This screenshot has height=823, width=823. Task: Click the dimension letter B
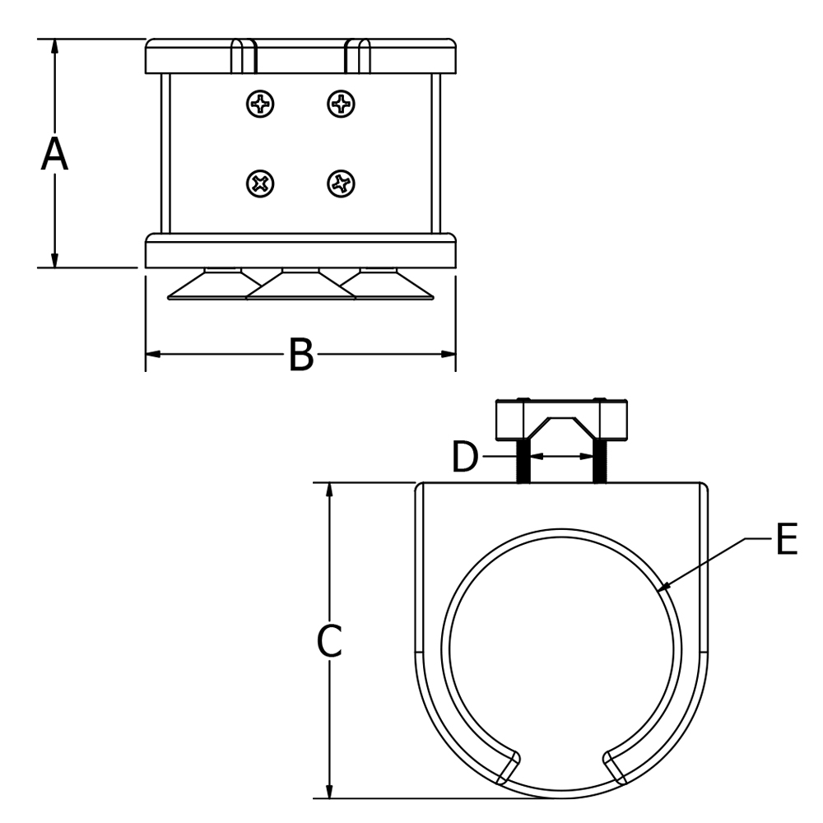point(301,356)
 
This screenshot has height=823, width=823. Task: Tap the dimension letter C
point(329,641)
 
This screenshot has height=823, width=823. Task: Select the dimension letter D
point(465,458)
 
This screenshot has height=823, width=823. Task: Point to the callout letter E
point(787,542)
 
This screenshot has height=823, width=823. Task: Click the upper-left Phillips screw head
point(260,104)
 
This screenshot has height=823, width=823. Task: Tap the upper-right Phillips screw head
point(341,104)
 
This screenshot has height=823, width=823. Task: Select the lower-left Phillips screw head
point(260,183)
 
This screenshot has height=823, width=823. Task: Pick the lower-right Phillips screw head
point(341,183)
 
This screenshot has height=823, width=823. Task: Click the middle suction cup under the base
point(301,286)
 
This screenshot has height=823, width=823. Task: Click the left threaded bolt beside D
point(522,463)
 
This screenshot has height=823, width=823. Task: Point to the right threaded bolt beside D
point(599,463)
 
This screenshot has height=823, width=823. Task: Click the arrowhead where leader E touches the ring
point(664,588)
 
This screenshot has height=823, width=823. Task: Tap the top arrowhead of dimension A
point(55,45)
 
